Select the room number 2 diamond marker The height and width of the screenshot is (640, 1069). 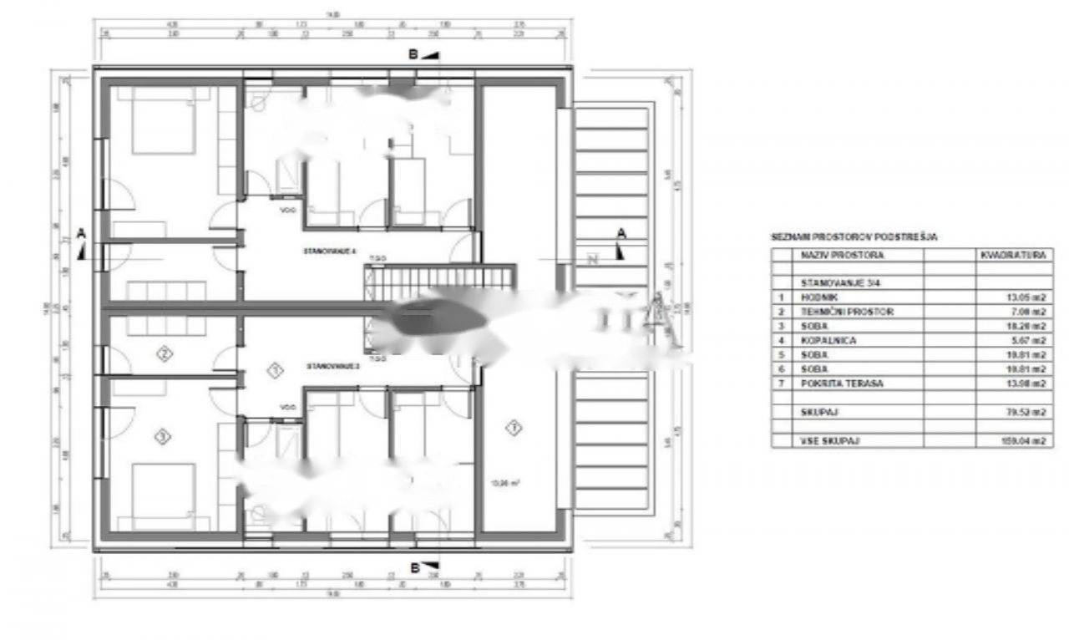[x=165, y=354]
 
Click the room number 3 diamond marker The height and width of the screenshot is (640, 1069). [x=163, y=435]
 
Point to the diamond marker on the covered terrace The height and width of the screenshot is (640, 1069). [x=514, y=428]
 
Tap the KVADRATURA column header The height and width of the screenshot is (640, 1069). [x=1013, y=255]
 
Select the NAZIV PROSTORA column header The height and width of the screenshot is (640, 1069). [x=841, y=255]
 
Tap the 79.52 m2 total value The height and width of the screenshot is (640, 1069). [x=1027, y=411]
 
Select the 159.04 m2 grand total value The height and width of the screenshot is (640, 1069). [x=1026, y=440]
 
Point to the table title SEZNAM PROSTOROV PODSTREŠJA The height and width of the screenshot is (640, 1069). [x=854, y=238]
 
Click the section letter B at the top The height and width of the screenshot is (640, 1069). [x=413, y=54]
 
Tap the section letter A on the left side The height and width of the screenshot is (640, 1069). [x=81, y=235]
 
